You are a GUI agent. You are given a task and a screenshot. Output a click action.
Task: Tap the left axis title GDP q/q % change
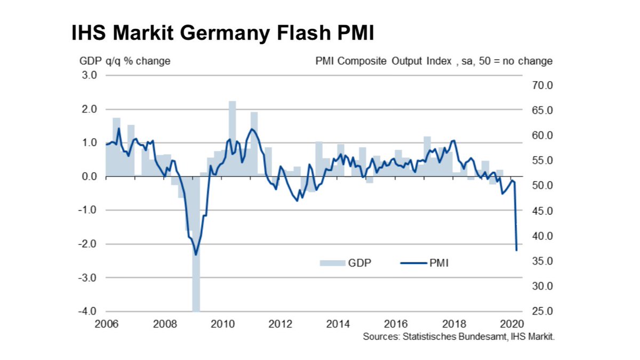(x=125, y=61)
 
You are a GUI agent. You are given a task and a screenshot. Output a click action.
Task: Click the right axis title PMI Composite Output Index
(x=383, y=61)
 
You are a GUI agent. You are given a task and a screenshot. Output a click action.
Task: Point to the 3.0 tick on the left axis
(x=90, y=75)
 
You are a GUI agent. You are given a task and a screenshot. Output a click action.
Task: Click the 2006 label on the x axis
(x=106, y=324)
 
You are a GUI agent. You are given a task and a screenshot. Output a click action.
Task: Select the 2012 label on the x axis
(x=280, y=324)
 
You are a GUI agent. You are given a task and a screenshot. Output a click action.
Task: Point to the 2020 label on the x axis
(x=512, y=324)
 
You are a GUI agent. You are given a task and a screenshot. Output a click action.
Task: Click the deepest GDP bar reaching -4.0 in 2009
(x=196, y=245)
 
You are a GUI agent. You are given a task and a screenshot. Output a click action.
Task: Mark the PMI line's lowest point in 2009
(x=196, y=254)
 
